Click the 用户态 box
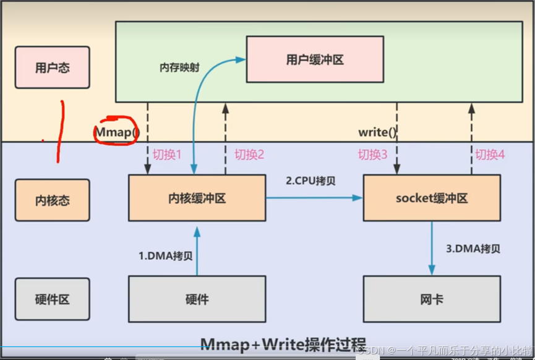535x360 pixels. click(53, 67)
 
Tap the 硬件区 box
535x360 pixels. click(53, 299)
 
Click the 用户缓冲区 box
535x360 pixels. click(315, 59)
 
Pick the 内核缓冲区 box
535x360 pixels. click(197, 198)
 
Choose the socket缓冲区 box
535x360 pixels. click(432, 198)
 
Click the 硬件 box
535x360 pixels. click(197, 299)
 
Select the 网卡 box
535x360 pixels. click(432, 299)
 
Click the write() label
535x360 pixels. click(377, 132)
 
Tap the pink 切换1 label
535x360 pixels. click(167, 155)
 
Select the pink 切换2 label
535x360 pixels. click(249, 155)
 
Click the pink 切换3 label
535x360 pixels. click(373, 155)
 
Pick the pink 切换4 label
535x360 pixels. click(490, 155)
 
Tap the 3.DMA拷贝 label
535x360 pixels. click(473, 249)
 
